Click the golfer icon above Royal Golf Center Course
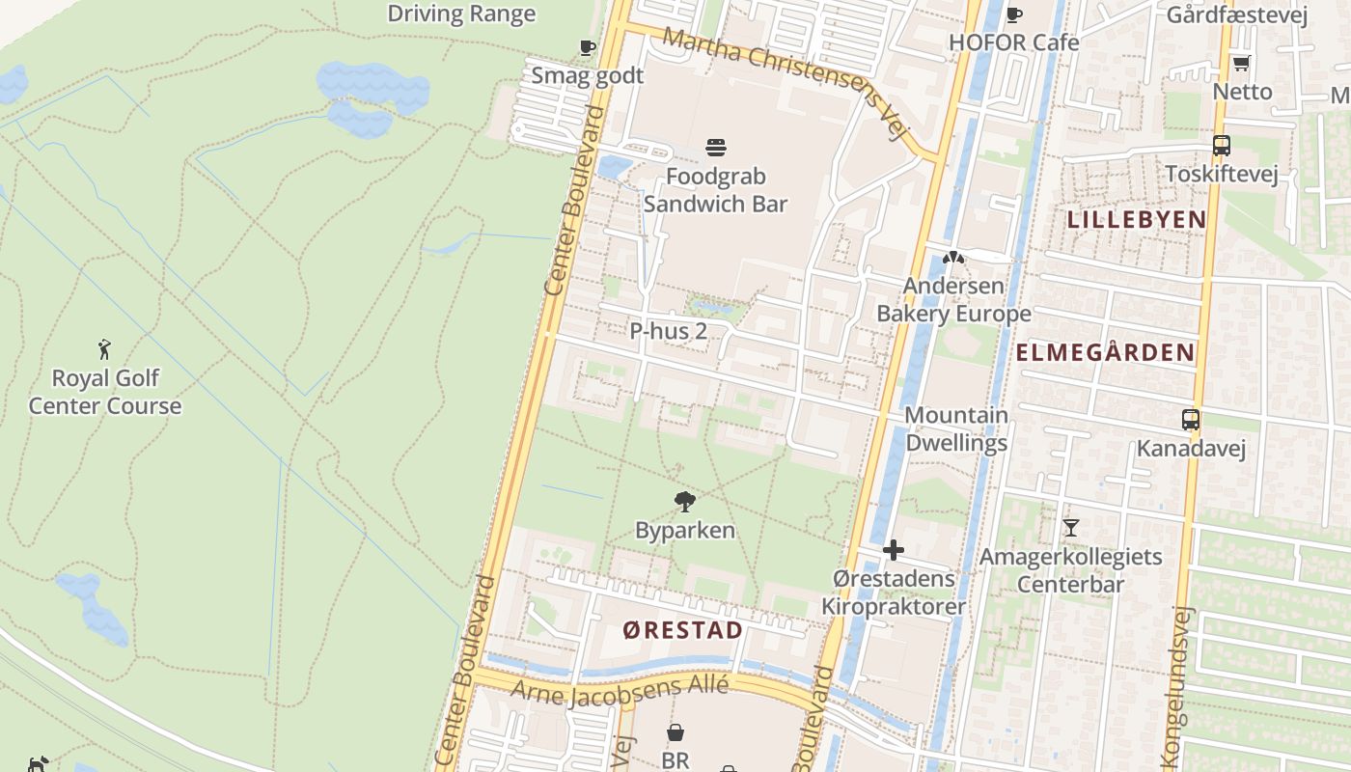coord(104,349)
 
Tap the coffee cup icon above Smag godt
coord(587,48)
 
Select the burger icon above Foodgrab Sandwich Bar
coord(716,148)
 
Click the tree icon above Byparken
coord(685,501)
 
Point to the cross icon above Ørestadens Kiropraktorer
coord(894,550)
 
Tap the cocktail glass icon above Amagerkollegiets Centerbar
coord(1070,528)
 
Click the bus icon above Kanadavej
coord(1191,420)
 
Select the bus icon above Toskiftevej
coord(1222,146)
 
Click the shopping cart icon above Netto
coord(1241,64)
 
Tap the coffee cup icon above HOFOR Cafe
coord(1013,14)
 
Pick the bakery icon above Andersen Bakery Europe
coord(953,258)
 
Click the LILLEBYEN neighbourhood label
coord(1137,219)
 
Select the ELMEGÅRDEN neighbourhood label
coord(1106,352)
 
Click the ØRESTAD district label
coord(683,631)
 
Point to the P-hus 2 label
coord(668,331)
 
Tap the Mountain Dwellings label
coord(956,429)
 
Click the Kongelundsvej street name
coord(1182,685)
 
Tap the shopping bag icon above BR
coord(675,733)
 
